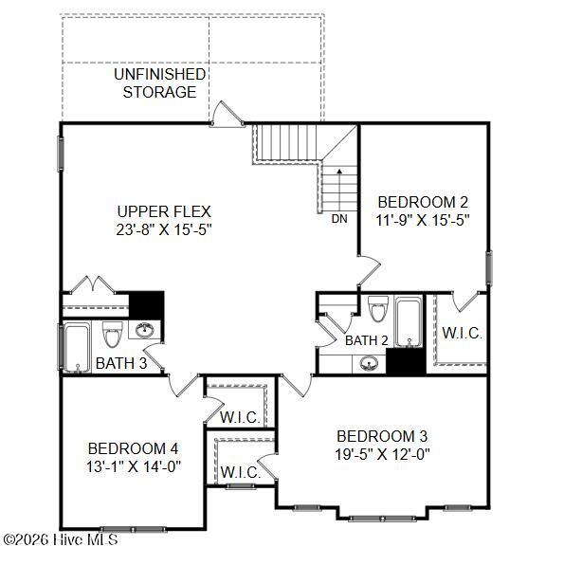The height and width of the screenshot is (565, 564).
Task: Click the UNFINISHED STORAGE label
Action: (159, 82)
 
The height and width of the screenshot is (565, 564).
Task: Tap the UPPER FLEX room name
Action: (164, 211)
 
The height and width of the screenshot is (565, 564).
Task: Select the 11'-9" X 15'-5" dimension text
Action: (423, 220)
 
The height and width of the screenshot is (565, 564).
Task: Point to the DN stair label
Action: (339, 218)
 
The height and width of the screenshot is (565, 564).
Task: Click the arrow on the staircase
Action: (339, 190)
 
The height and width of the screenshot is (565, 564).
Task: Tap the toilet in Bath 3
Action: (113, 334)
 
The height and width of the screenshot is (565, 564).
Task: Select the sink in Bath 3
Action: (144, 330)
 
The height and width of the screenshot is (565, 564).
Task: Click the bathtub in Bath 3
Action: (77, 347)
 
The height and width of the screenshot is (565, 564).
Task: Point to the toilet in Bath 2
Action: (378, 308)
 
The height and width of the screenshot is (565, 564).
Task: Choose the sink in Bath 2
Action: (370, 363)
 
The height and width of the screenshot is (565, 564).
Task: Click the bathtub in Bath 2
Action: (409, 321)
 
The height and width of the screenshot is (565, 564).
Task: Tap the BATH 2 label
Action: (367, 340)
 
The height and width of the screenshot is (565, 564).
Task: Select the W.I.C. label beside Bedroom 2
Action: (462, 333)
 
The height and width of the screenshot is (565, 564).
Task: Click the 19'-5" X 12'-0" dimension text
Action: (382, 454)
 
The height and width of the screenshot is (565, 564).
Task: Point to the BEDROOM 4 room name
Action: (133, 448)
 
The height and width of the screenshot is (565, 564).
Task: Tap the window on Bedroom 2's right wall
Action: (489, 267)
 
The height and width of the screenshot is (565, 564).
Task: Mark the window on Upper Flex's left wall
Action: (61, 154)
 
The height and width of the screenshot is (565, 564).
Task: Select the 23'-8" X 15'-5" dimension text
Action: (164, 229)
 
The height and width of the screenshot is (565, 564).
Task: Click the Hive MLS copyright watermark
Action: (61, 539)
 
